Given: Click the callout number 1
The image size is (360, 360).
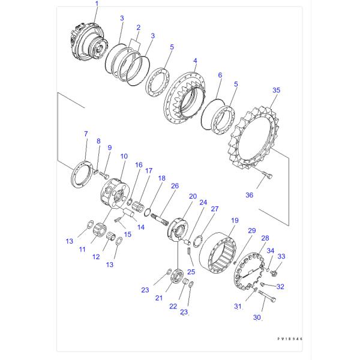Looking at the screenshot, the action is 97,4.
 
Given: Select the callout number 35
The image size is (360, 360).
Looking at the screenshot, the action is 276,90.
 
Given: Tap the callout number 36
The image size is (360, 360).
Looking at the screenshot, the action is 250,195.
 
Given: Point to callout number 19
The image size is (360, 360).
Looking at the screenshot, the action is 235,220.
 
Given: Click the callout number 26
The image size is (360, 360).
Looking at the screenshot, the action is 175,186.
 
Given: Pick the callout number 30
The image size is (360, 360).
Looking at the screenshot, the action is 257,317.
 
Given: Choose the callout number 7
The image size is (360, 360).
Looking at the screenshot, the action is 86,134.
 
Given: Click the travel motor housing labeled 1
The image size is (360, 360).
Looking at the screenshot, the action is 89,43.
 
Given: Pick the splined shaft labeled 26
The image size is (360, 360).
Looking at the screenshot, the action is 160,220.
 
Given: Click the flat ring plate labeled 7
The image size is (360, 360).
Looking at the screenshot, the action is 82,174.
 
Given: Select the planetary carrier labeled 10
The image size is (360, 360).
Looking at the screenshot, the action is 115,194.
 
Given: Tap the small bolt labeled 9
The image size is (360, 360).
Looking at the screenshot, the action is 104,176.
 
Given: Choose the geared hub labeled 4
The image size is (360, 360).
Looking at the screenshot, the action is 185,98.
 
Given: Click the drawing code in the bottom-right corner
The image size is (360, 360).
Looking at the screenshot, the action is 290,338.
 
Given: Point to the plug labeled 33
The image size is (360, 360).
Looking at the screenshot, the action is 274,272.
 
